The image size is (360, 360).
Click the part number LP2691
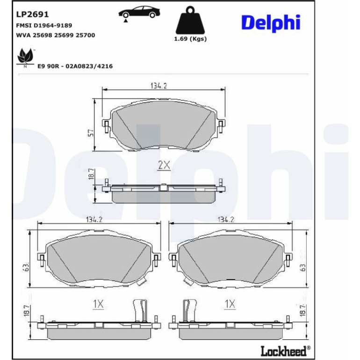click(x=32, y=14)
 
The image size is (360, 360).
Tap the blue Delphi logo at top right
click(x=271, y=23)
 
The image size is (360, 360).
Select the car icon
click(x=139, y=14)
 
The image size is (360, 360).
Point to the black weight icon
click(x=190, y=21)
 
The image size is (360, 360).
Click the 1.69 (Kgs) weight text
click(x=190, y=39)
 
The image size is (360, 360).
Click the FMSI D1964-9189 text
click(x=44, y=25)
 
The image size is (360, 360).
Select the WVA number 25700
click(x=86, y=35)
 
